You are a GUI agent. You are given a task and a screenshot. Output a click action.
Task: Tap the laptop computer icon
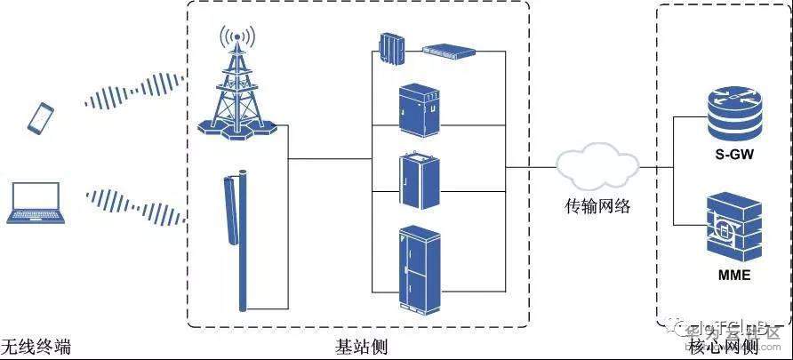click(x=35, y=204)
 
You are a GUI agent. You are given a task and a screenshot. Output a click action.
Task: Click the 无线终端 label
click(x=36, y=345)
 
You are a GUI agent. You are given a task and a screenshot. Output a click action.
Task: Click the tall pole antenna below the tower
click(x=241, y=240)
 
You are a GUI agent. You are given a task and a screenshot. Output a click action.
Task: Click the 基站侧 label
click(x=356, y=345)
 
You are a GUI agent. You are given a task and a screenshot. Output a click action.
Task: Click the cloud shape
click(x=597, y=165)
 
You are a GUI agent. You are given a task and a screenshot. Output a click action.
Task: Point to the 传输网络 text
click(x=597, y=207)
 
